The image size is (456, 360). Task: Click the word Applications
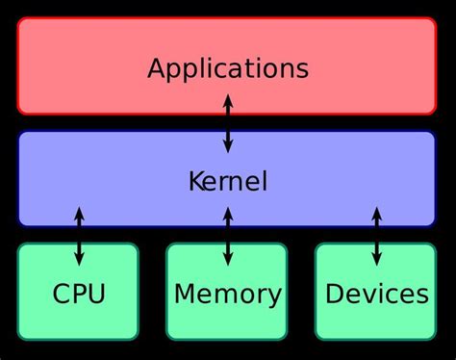[x=228, y=69]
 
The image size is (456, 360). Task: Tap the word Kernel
[x=228, y=181]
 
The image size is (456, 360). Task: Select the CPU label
[x=79, y=294]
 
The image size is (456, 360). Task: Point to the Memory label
[x=228, y=294]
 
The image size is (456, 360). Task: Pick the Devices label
[x=376, y=294]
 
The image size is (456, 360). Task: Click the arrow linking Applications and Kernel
[x=228, y=123]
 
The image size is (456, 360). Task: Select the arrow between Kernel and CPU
[x=79, y=236]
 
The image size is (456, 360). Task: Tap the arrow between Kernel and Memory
[x=228, y=236]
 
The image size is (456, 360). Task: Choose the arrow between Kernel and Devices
[x=376, y=236]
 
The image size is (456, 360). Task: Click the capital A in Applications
[x=157, y=68]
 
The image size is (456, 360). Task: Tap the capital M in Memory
[x=184, y=294]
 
